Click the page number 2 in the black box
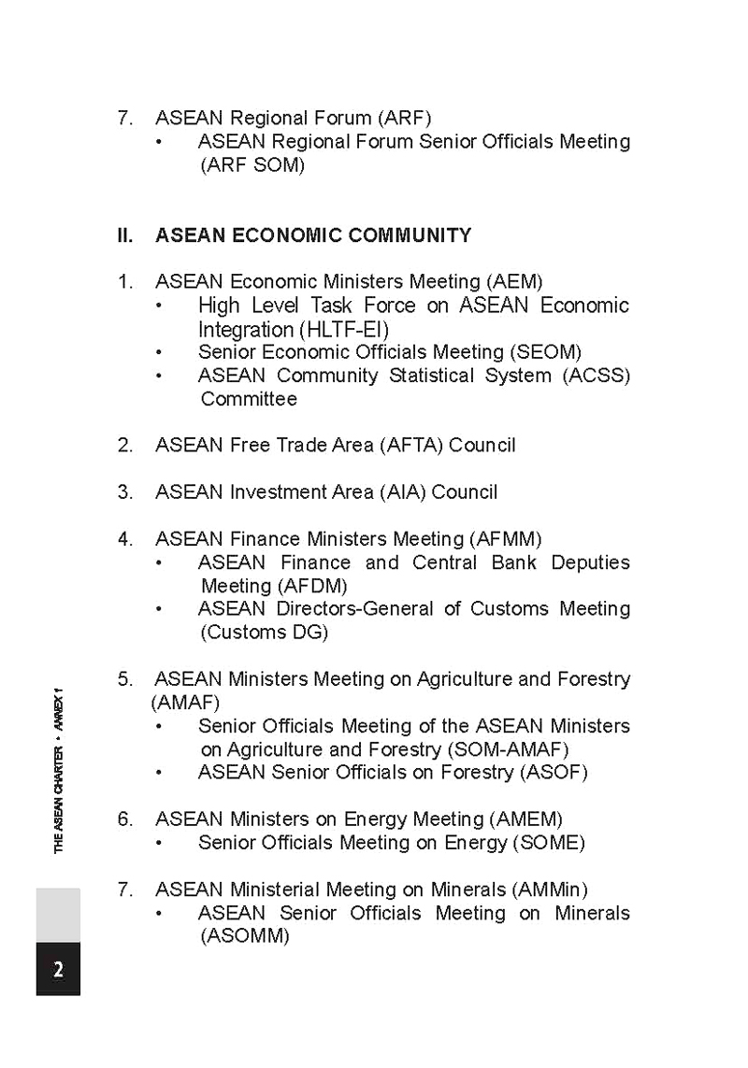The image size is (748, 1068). [x=58, y=969]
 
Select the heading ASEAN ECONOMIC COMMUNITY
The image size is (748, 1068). [x=313, y=235]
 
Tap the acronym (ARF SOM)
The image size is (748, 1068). [x=252, y=165]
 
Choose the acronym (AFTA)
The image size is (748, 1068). [x=411, y=446]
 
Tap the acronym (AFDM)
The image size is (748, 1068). [x=312, y=586]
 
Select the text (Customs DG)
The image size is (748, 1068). [x=265, y=633]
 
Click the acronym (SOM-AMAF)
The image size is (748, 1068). [x=508, y=749]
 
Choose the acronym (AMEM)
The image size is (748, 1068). [x=526, y=819]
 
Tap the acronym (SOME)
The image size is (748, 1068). [x=549, y=843]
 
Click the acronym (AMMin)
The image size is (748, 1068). [x=552, y=890]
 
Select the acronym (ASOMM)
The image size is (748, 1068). [x=245, y=936]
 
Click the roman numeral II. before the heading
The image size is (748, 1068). [x=125, y=235]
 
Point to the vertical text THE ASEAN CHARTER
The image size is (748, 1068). [x=59, y=799]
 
